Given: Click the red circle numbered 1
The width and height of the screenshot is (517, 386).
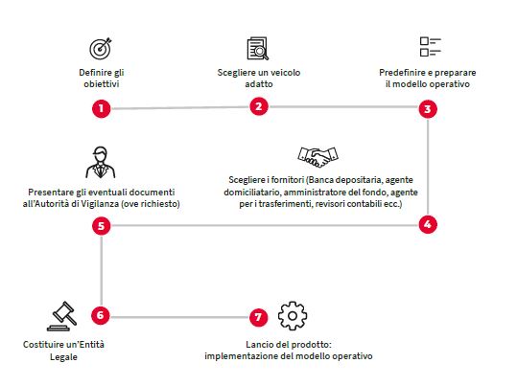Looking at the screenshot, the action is pyautogui.click(x=102, y=108).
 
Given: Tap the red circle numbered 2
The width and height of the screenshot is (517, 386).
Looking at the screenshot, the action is pyautogui.click(x=259, y=106).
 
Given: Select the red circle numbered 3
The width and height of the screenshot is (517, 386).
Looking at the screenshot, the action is pyautogui.click(x=428, y=109).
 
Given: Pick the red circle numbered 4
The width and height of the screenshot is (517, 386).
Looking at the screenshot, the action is pyautogui.click(x=428, y=224).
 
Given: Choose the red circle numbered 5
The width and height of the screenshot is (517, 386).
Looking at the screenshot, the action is pyautogui.click(x=102, y=226).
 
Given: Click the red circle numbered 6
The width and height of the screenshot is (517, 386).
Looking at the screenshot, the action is pyautogui.click(x=100, y=315).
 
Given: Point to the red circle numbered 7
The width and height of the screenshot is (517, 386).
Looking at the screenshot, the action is pyautogui.click(x=258, y=317).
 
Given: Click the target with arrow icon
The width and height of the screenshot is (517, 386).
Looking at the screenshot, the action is pyautogui.click(x=101, y=49).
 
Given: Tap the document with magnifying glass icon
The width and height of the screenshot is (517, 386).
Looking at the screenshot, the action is pyautogui.click(x=258, y=49).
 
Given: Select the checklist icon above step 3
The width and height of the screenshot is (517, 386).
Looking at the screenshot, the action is pyautogui.click(x=431, y=47).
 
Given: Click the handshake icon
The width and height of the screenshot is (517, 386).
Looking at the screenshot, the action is pyautogui.click(x=317, y=157).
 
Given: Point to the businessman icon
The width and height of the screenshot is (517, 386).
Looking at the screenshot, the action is pyautogui.click(x=101, y=163).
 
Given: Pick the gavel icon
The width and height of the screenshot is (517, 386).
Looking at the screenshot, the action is pyautogui.click(x=62, y=316).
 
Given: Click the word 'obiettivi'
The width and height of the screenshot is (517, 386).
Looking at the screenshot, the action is pyautogui.click(x=102, y=84).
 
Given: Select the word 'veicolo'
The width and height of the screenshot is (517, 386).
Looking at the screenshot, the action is pyautogui.click(x=284, y=73).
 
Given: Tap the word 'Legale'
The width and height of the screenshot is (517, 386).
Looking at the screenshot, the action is pyautogui.click(x=63, y=357).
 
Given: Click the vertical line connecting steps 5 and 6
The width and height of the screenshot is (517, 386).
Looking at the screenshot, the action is pyautogui.click(x=102, y=271).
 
